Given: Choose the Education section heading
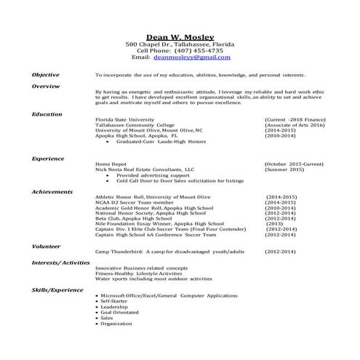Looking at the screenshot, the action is (x=47, y=114).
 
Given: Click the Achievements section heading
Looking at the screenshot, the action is (x=52, y=191).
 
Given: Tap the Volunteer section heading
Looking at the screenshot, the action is (x=46, y=245).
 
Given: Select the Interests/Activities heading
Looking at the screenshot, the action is (x=60, y=262).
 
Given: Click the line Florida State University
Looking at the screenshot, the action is (x=124, y=118).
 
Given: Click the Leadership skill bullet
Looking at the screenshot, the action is (x=114, y=307).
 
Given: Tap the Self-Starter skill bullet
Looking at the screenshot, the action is (x=114, y=301).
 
